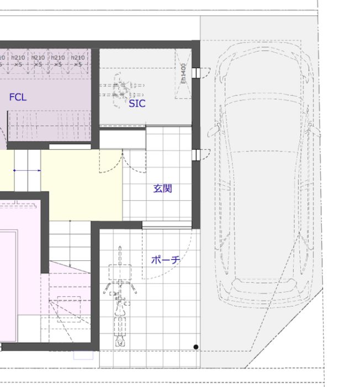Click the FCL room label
[x=18, y=97]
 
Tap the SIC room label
[x=137, y=103]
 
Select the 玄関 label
[x=163, y=189]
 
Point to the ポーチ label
[x=166, y=259]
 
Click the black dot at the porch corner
[x=196, y=347]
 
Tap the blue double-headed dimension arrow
[x=27, y=170]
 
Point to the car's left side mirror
[x=213, y=132]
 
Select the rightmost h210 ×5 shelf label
[x=78, y=61]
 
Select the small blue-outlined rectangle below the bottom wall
[x=83, y=355]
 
